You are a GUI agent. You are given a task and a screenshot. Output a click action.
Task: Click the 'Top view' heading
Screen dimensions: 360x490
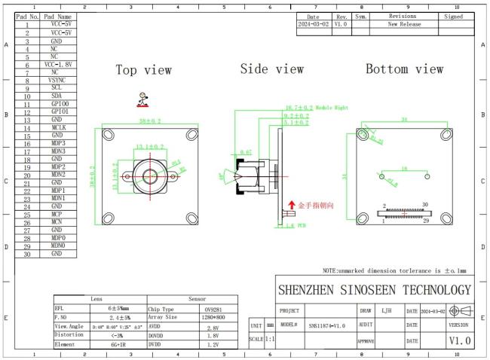[143, 70]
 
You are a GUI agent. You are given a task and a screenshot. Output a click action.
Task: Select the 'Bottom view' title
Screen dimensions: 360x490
[404, 69]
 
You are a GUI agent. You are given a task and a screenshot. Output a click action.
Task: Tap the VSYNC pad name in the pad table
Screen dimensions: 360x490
[57, 80]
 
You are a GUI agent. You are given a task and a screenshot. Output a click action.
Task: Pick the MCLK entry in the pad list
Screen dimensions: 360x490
[57, 127]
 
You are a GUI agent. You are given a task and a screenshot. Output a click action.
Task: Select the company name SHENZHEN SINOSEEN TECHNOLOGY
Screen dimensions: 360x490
[375, 290]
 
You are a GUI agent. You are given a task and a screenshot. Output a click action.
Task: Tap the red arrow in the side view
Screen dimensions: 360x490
[292, 205]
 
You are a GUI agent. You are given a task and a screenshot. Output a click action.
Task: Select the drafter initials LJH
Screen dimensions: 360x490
[386, 310]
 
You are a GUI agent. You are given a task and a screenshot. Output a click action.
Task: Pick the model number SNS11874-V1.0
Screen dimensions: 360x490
[326, 325]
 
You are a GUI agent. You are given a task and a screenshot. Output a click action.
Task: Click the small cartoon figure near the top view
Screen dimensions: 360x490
[142, 99]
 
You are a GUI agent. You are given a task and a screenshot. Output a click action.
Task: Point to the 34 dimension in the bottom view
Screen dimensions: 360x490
[404, 120]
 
